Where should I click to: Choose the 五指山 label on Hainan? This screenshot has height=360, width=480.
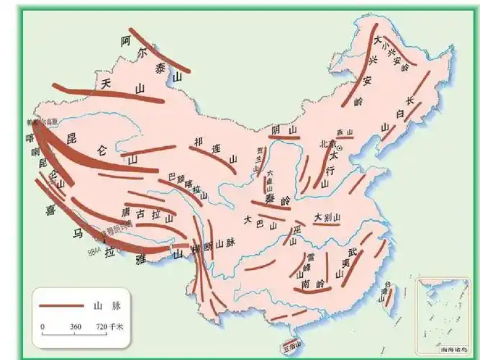290,348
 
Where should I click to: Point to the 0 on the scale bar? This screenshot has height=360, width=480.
42,326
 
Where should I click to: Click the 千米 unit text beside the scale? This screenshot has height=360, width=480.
117,326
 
